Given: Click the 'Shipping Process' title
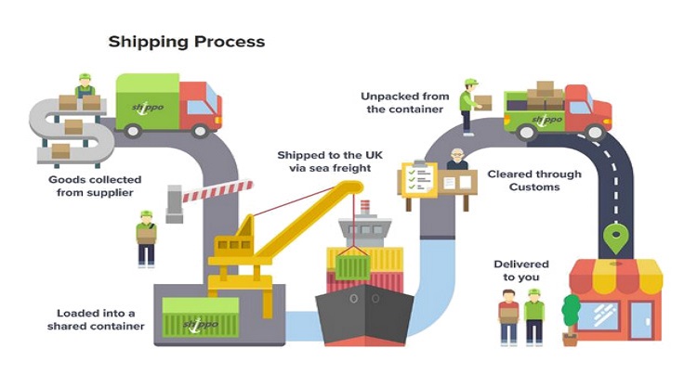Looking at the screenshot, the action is tap(187, 42).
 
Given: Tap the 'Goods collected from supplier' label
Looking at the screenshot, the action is tap(95, 186).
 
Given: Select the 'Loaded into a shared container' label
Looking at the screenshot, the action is tap(96, 319).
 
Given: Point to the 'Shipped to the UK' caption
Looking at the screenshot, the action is tap(330, 155).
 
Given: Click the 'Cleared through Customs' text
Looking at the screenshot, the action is tap(534, 180).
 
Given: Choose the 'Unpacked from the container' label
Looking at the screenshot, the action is tap(405, 102).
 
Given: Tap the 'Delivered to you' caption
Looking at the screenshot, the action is tap(521, 270).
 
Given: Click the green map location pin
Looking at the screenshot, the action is tap(615, 238).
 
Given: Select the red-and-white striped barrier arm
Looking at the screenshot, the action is tap(217, 191).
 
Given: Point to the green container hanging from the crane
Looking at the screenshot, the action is tap(353, 266).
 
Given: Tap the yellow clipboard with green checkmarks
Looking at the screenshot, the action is tap(419, 179).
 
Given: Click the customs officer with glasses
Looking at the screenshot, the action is tap(457, 160).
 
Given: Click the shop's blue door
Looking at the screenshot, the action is tap(641, 321).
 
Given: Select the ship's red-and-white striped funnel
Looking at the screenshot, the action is tap(365, 207).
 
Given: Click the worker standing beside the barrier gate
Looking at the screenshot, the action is tap(146, 239).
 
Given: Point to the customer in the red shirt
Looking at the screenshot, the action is tap(509, 316).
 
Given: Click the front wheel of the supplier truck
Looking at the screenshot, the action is tap(200, 131).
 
